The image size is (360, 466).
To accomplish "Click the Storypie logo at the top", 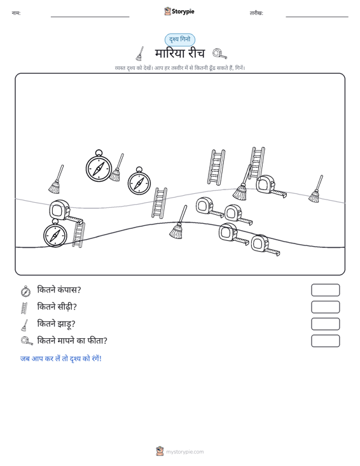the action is pyautogui.click(x=179, y=11).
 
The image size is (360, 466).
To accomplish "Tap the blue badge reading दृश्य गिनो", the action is pyautogui.click(x=180, y=39).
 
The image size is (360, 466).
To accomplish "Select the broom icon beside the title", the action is pyautogui.click(x=140, y=53).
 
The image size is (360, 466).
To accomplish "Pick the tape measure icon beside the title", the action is pyautogui.click(x=219, y=54).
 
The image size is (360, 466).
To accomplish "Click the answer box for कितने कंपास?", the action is pyautogui.click(x=325, y=290).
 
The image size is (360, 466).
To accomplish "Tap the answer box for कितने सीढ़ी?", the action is pyautogui.click(x=325, y=307).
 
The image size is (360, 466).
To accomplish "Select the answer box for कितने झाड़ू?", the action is pyautogui.click(x=325, y=324).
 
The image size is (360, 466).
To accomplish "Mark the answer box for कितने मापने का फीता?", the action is pyautogui.click(x=325, y=341).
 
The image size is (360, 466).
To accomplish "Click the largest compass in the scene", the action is pyautogui.click(x=99, y=167).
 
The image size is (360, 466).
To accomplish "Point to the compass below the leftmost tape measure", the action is pyautogui.click(x=55, y=233).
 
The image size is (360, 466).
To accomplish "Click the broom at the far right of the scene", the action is pyautogui.click(x=315, y=189).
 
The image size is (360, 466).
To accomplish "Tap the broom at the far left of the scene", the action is pyautogui.click(x=56, y=179).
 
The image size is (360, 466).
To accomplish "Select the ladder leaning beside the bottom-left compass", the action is pyautogui.click(x=78, y=235).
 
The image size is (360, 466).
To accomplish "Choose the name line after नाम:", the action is pyautogui.click(x=90, y=17).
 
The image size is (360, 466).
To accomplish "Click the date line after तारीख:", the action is pyautogui.click(x=317, y=17).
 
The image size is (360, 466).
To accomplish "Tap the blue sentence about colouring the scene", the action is pyautogui.click(x=61, y=359).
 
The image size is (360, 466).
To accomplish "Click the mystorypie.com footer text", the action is pyautogui.click(x=184, y=452).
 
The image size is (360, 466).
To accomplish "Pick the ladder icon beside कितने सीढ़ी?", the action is pyautogui.click(x=24, y=308).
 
